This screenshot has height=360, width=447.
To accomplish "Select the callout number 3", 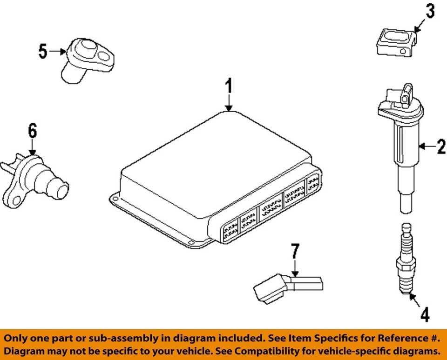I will point(429,12).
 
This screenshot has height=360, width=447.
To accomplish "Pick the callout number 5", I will point(43,51).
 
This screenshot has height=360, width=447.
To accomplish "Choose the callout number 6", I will point(32,132).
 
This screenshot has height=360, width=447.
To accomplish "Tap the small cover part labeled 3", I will point(394,43).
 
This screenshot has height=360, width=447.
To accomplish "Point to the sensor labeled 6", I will point(35,179).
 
